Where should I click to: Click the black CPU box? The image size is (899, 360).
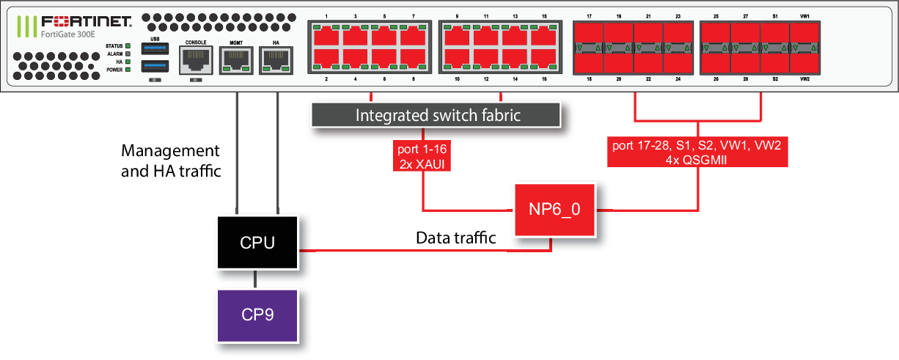pyautogui.click(x=257, y=243)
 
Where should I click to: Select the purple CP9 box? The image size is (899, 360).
pyautogui.click(x=257, y=316)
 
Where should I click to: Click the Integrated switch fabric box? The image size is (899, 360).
pyautogui.click(x=438, y=114)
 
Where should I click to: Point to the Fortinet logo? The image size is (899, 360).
pyautogui.click(x=81, y=21)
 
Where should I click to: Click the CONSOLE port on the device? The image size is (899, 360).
pyautogui.click(x=195, y=58)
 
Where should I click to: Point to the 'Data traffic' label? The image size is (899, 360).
pyautogui.click(x=455, y=238)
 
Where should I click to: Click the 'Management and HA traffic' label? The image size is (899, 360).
pyautogui.click(x=170, y=160)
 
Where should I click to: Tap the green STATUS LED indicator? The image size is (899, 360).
pyautogui.click(x=128, y=46)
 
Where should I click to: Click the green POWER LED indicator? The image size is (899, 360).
pyautogui.click(x=128, y=70)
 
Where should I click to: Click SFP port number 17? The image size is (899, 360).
pyautogui.click(x=588, y=34)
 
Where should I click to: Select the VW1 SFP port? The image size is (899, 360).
pyautogui.click(x=804, y=34)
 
